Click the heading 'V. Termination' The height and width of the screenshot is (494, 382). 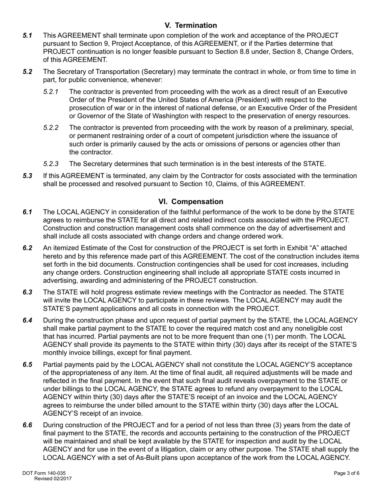[191, 25]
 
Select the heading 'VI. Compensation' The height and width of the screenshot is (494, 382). [191, 201]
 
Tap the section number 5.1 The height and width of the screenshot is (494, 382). [27, 36]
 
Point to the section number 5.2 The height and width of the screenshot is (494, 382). [27, 72]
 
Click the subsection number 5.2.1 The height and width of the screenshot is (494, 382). [51, 92]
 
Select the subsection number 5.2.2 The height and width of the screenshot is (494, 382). [51, 128]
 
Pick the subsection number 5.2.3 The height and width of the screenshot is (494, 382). [51, 164]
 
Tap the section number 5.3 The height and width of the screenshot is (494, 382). [27, 176]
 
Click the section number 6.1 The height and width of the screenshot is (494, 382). [27, 212]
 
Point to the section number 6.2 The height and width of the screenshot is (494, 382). [27, 248]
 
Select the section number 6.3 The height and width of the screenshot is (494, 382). [27, 292]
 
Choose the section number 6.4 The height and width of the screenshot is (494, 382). [27, 320]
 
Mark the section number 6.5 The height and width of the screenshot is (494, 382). [27, 365]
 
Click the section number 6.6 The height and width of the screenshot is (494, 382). [27, 425]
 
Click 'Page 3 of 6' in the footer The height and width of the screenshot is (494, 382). [347, 474]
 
